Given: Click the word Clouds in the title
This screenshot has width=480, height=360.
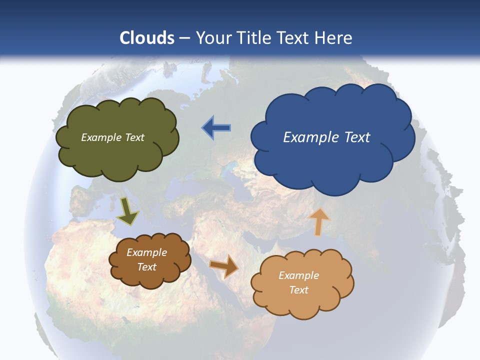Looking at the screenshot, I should [x=147, y=38].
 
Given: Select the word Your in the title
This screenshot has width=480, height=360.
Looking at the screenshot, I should [x=214, y=38].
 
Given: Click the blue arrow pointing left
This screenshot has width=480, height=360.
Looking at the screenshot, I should [x=216, y=128].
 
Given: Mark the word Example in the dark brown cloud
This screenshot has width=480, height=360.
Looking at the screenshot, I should [x=146, y=252].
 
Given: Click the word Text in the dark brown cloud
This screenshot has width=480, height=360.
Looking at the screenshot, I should [x=146, y=267].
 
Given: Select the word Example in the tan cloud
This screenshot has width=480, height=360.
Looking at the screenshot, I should [x=298, y=275].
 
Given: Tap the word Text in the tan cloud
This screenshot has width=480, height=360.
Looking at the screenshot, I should [x=298, y=290].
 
